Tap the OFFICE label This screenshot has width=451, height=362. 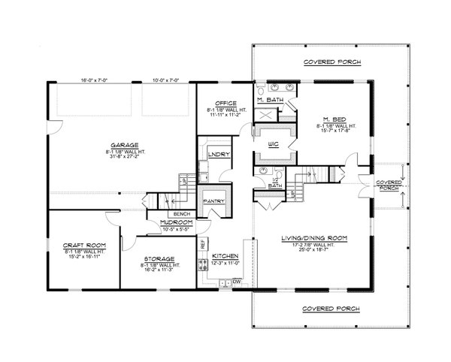coord(225,103)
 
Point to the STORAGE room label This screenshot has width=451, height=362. coord(159,258)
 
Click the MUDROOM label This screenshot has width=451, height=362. coord(173,222)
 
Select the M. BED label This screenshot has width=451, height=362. coord(334,119)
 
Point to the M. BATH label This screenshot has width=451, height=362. coord(268,101)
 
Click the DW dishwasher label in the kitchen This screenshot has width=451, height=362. coord(236,282)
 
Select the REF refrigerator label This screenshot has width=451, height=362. coord(202,244)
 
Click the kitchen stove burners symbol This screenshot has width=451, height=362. coord(201,264)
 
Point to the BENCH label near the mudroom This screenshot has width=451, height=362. coord(183,214)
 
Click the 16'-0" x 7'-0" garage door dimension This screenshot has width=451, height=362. coord(94,80)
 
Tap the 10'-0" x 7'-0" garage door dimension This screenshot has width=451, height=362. coord(165,80)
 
